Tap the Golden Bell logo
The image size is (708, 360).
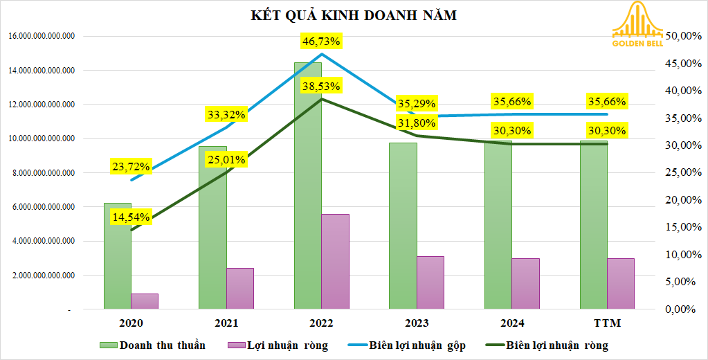[x=637, y=26]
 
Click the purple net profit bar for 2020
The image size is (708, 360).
[x=145, y=301]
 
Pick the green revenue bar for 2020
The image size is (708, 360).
[x=118, y=256]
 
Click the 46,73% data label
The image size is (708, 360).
[x=322, y=42]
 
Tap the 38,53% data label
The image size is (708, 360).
[x=322, y=87]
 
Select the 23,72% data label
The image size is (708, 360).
[x=131, y=166]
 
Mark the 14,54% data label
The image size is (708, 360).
[x=131, y=217]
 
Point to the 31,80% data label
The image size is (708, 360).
[x=417, y=123]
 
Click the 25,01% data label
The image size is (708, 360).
[x=226, y=161]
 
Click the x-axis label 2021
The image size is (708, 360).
[x=226, y=323]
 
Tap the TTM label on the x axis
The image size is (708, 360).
[x=607, y=323]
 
